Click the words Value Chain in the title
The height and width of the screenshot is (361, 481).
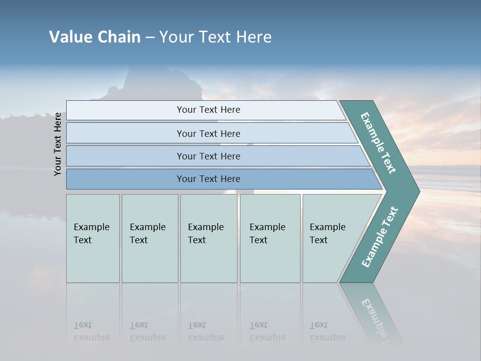[x=95, y=37]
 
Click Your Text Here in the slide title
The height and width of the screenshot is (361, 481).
[x=215, y=37]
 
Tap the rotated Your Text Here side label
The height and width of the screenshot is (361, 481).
[x=58, y=144]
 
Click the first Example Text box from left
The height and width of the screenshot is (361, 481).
[x=93, y=238]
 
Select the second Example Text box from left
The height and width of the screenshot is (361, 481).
[x=150, y=238]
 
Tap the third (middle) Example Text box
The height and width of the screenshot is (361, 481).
[x=208, y=238]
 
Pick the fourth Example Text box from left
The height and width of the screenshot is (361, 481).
[x=270, y=238]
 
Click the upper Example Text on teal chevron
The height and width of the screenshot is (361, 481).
[x=378, y=143]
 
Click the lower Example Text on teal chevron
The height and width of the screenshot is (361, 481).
[x=379, y=237]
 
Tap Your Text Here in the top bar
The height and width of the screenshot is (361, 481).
[x=208, y=110]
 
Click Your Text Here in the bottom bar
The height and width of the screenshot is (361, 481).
[x=208, y=179]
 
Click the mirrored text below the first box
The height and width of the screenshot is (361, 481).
[x=91, y=331]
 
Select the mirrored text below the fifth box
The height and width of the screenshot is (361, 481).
[x=327, y=331]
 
